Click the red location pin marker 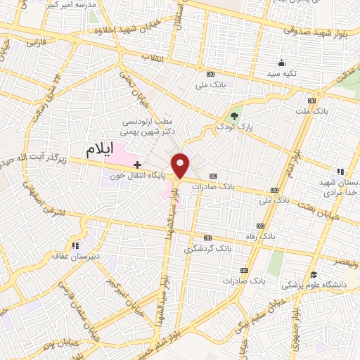[181, 165]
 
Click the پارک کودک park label [235, 127]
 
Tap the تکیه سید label [281, 74]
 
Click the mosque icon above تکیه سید [282, 63]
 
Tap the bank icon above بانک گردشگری [207, 238]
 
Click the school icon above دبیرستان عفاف [75, 245]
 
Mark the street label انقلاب [153, 56]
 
